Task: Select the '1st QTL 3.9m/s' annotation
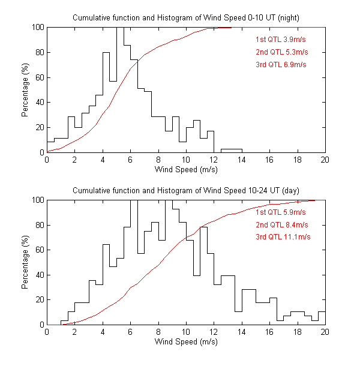coord(281,39)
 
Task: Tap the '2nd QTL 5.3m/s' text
coord(281,52)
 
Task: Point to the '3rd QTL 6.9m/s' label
coord(281,64)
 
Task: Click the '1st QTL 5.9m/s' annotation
coord(281,212)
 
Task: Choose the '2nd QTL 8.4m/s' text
coord(281,224)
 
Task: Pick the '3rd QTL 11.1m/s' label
coord(283,237)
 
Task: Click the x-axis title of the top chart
coord(186,170)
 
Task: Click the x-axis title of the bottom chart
coord(186,342)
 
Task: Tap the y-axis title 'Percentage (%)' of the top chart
coord(25,89)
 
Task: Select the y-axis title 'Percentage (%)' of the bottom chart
coord(25,262)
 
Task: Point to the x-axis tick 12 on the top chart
coord(214,160)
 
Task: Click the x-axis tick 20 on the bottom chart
coord(325,332)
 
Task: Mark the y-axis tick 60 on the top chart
coord(39,77)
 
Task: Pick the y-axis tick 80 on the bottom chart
coord(39,225)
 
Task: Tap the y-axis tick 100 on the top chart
coord(37,27)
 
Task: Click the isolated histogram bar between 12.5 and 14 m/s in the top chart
coord(231,150)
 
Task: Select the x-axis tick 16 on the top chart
coord(269,160)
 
